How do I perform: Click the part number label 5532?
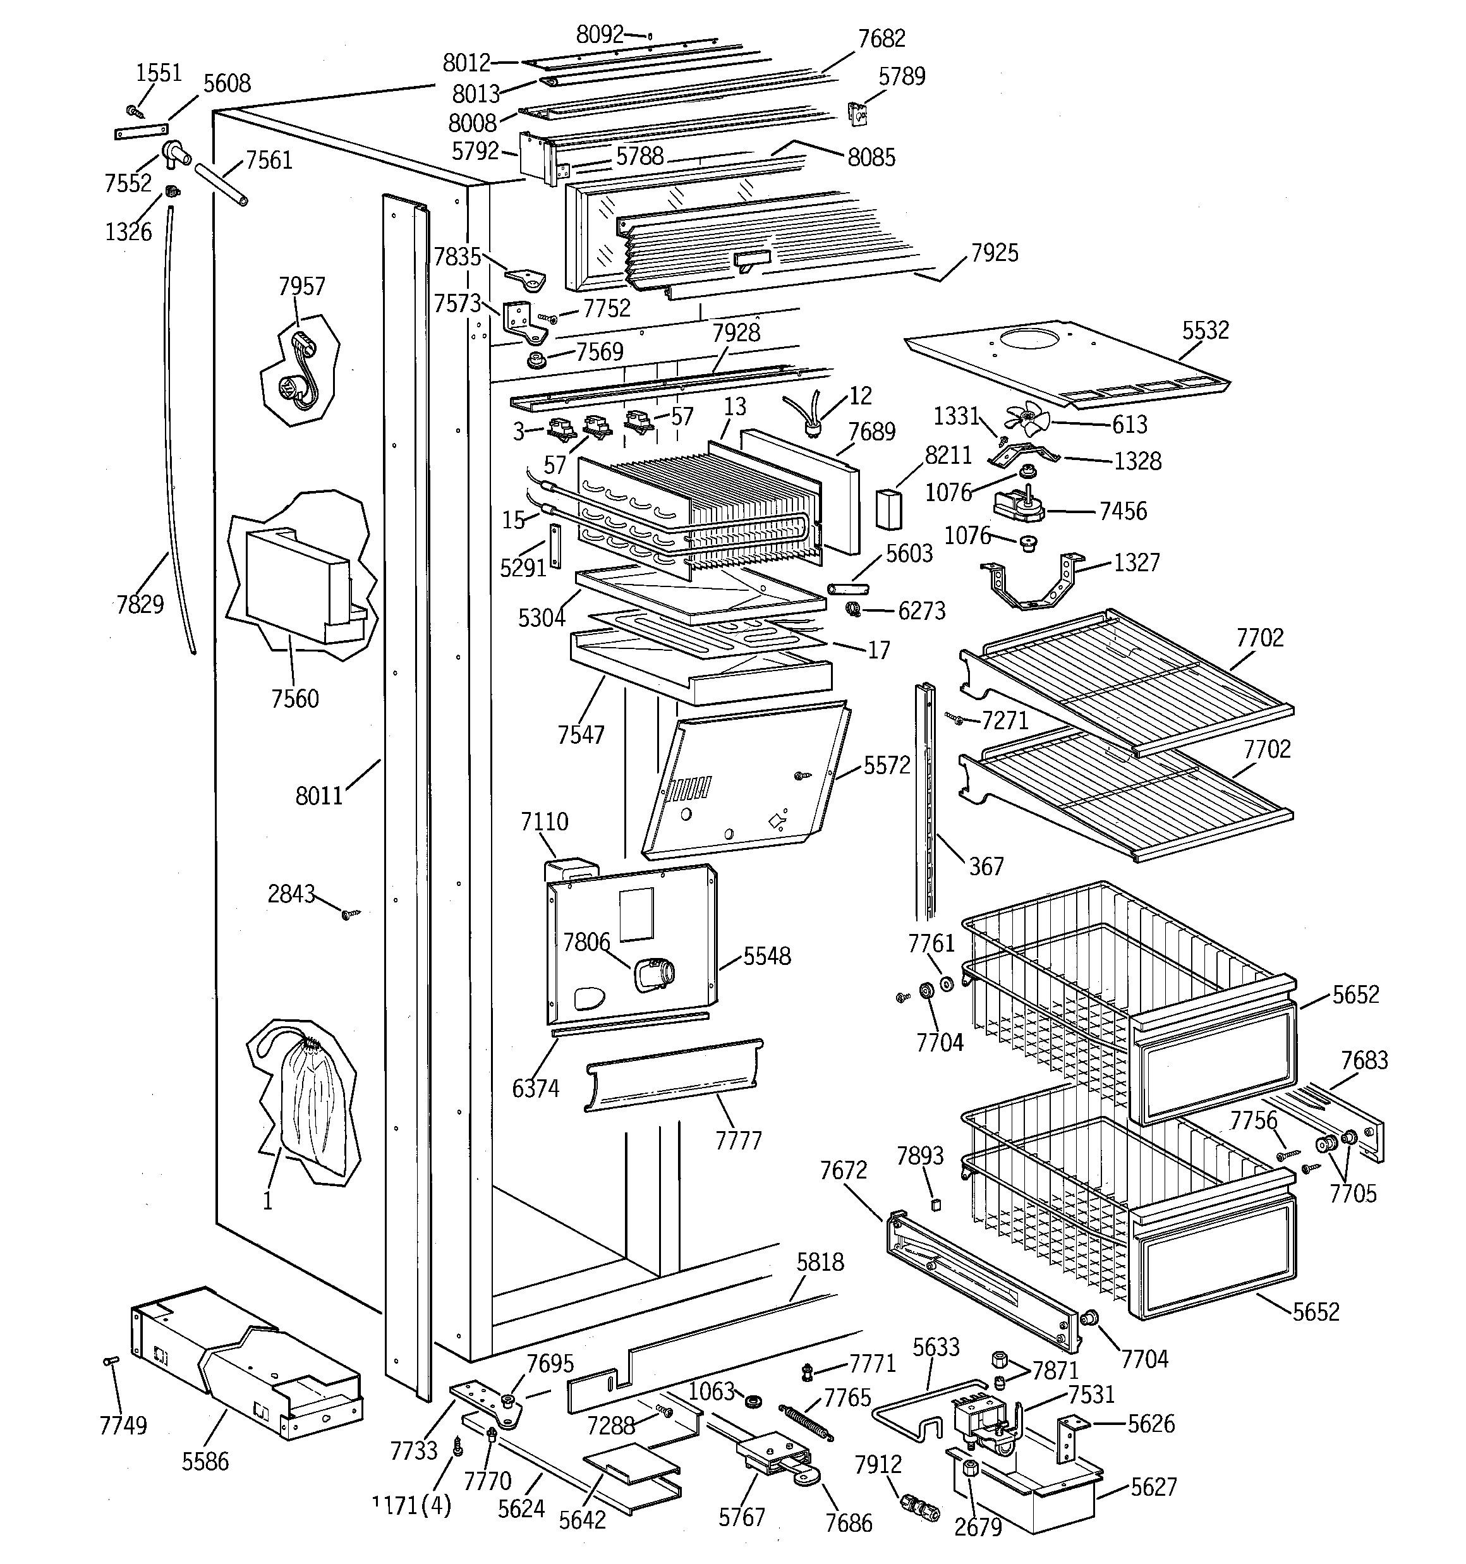1205,330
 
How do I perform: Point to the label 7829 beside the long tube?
140,604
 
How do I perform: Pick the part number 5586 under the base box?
205,1461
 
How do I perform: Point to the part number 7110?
544,821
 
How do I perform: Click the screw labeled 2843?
350,913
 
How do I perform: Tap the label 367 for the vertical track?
986,866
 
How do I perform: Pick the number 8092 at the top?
600,34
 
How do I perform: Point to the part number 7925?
995,253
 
